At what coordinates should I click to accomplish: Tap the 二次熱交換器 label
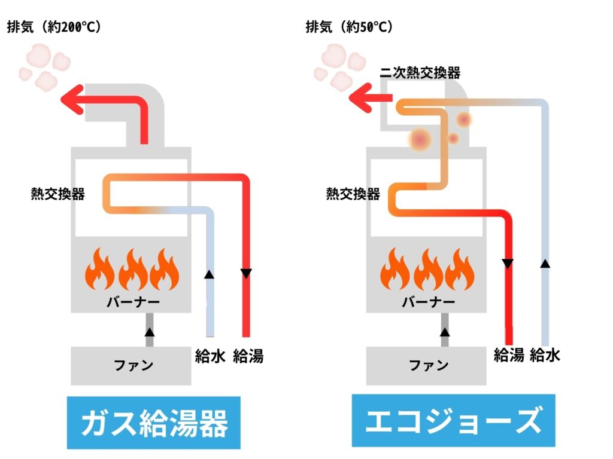(420, 73)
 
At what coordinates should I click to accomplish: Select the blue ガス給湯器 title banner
(154, 423)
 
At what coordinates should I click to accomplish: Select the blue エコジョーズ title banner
(453, 421)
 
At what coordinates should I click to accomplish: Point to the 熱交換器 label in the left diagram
(57, 194)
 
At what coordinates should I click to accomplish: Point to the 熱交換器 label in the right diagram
(353, 194)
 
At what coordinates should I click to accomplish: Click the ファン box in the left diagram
(131, 365)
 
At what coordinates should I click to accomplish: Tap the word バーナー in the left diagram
(131, 301)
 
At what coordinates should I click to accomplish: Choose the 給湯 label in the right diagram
(509, 355)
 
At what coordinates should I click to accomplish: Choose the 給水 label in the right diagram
(545, 355)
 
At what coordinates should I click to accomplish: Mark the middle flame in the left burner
(132, 270)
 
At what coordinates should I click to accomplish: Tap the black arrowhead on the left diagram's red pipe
(246, 274)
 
